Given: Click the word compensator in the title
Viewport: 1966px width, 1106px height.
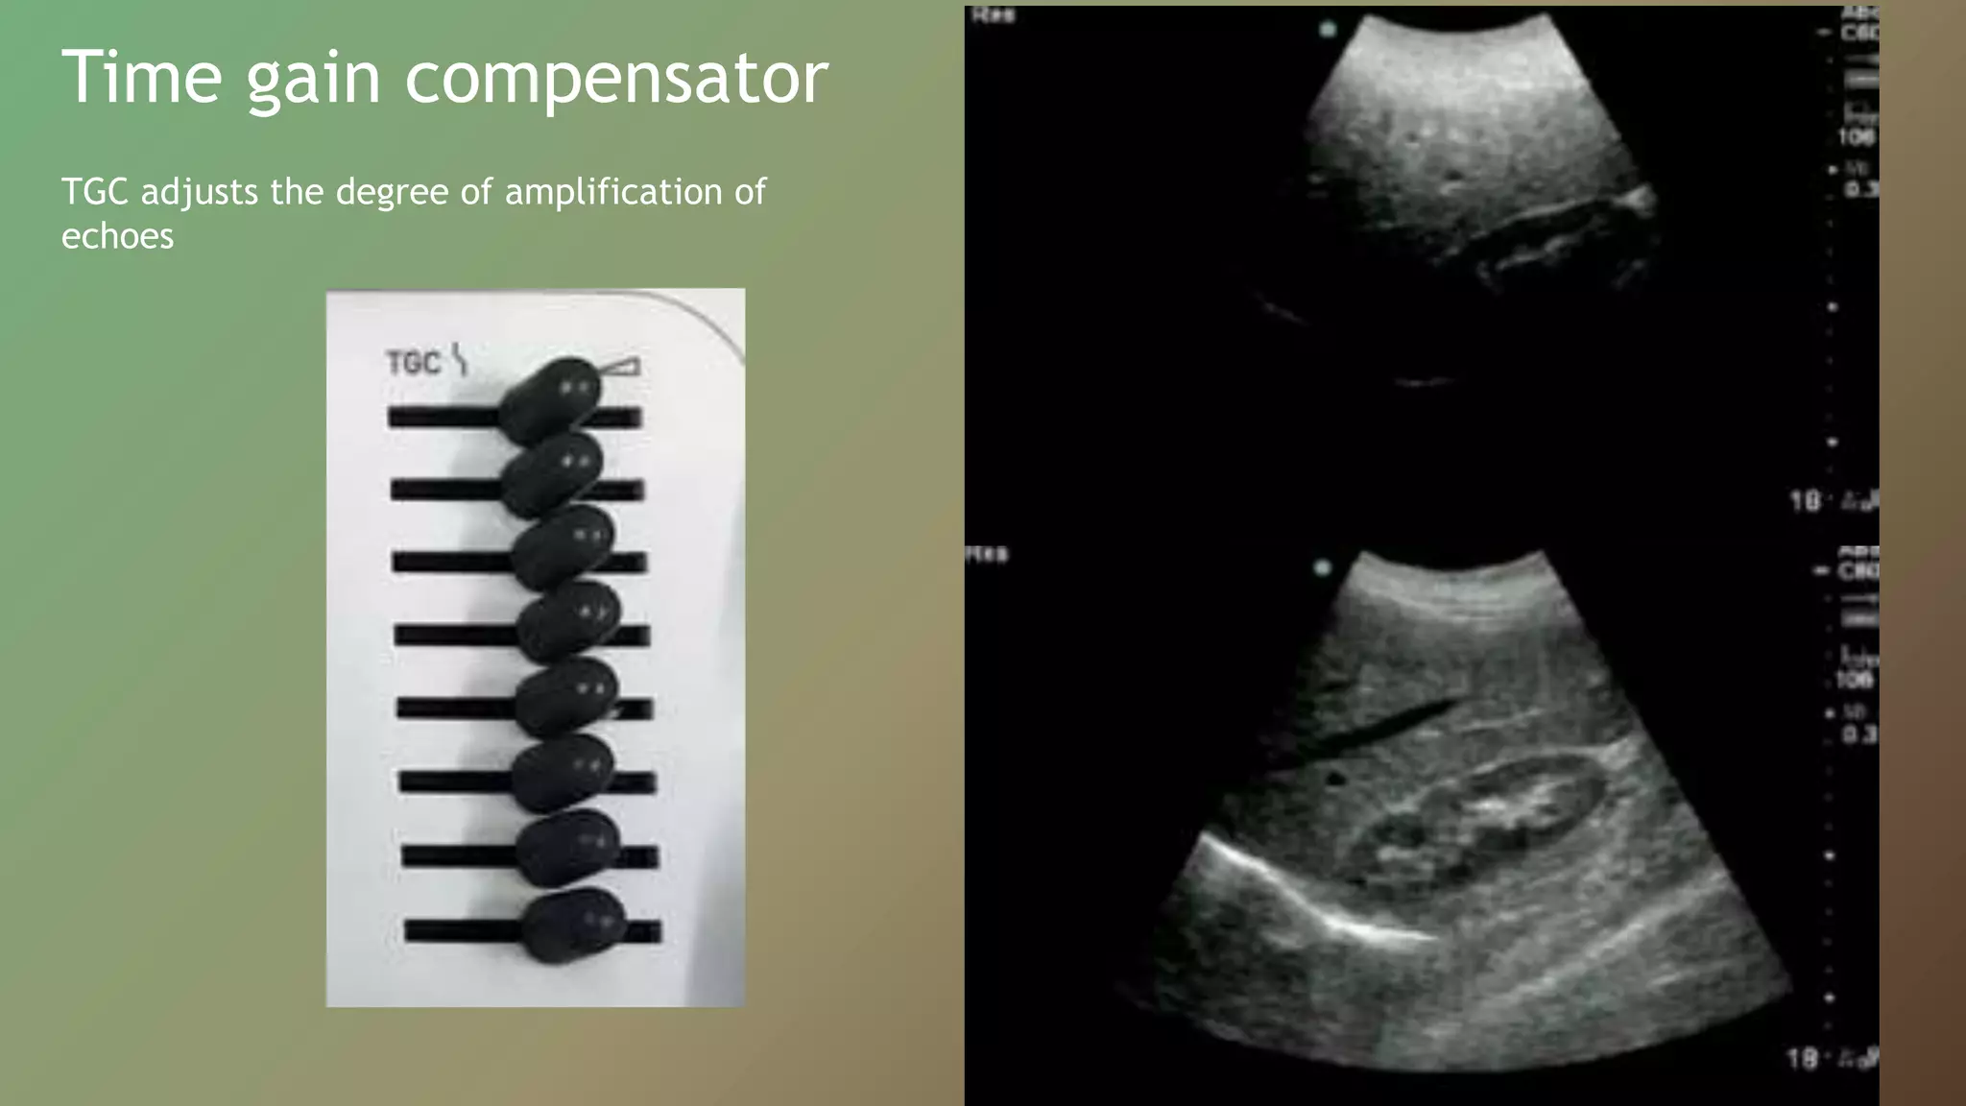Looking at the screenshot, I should tap(616, 79).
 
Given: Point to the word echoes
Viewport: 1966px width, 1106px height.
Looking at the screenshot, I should tap(117, 236).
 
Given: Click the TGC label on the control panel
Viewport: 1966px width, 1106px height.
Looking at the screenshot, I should tap(413, 363).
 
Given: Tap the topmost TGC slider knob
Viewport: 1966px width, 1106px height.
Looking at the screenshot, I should tap(551, 399).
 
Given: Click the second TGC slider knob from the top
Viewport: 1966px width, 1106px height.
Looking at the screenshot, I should tap(553, 473).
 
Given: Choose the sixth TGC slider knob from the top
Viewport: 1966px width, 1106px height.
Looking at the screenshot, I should tap(563, 774).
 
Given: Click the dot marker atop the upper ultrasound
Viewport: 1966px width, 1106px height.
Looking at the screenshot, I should tap(1328, 30).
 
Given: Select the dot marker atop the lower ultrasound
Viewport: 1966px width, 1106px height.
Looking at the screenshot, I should tap(1322, 567).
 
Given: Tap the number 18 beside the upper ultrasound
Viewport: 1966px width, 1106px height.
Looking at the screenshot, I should tap(1805, 501).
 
